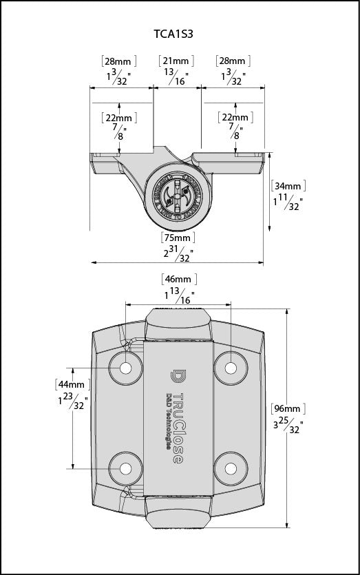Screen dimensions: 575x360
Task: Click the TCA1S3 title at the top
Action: point(178,32)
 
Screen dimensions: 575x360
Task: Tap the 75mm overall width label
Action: point(178,238)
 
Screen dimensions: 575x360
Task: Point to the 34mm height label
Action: point(288,186)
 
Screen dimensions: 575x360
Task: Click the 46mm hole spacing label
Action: point(179,279)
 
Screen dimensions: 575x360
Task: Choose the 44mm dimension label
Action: point(72,384)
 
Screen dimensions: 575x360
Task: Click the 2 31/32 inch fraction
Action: point(178,255)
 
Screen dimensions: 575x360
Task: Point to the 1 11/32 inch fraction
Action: point(288,202)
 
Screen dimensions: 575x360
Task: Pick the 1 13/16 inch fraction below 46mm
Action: point(179,296)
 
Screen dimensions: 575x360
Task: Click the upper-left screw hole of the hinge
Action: point(125,368)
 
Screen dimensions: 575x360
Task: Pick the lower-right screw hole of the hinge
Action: point(229,468)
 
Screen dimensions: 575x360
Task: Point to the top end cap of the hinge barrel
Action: point(178,323)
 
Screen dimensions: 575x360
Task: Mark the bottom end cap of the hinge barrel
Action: point(178,513)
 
